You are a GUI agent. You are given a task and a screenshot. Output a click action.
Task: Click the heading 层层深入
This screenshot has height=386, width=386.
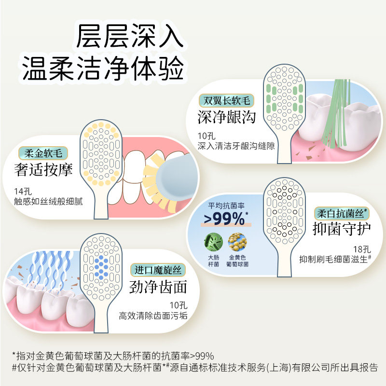click(x=130, y=36)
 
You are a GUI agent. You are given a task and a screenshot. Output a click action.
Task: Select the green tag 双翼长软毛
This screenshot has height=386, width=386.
click(x=226, y=101)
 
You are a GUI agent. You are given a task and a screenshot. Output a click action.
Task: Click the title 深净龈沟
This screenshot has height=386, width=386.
click(x=226, y=117)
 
